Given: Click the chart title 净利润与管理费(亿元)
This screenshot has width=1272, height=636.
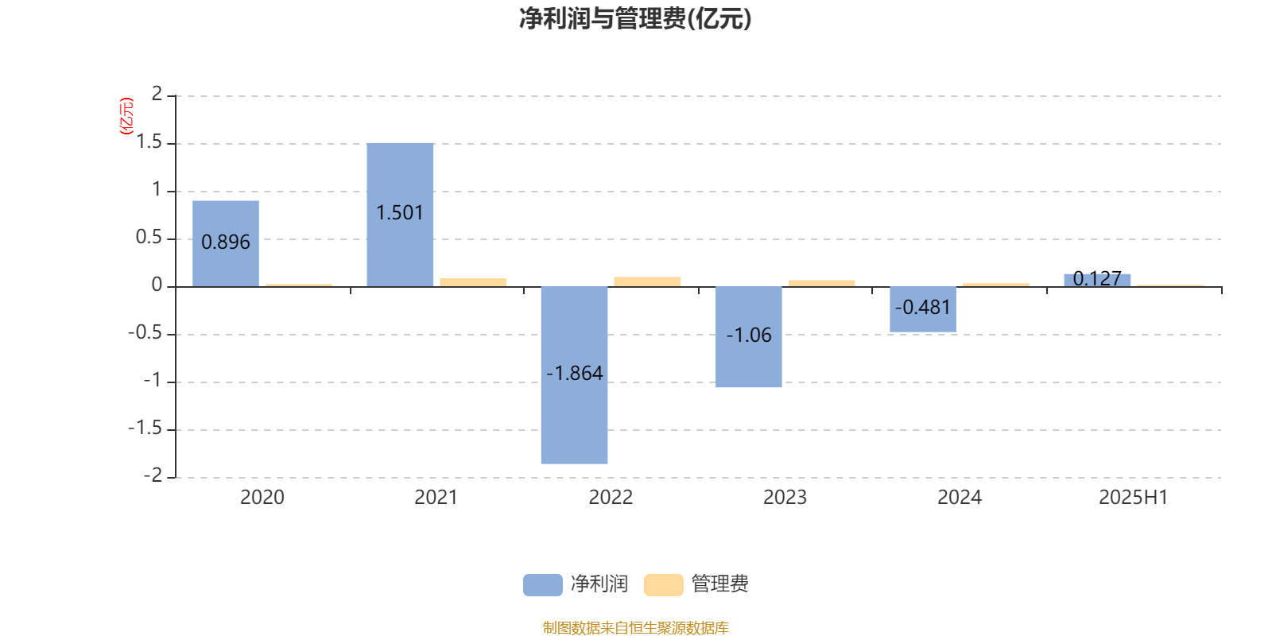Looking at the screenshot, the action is coord(635,18).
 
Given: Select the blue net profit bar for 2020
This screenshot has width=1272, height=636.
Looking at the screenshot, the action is coord(226,243).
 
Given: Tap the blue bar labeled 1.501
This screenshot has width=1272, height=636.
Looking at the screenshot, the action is coord(400,215).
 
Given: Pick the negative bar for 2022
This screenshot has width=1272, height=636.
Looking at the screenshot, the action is coord(574,375).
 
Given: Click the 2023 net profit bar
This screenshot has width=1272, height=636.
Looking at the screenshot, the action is coord(748,337).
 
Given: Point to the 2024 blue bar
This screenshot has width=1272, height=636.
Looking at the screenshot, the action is coord(923,309).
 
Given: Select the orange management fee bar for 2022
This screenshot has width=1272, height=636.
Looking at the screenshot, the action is coord(647,281).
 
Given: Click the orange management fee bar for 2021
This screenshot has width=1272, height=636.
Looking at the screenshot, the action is coord(473,282).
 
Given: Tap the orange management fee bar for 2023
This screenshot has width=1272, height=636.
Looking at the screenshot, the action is coord(822,283).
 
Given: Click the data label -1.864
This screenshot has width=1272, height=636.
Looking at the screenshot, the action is coord(574,373).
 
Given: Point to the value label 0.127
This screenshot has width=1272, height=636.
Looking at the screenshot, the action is coord(1097,278).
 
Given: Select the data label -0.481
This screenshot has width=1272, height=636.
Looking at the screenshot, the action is coord(923,307).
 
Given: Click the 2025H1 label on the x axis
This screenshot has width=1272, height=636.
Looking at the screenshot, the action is coord(1134,498).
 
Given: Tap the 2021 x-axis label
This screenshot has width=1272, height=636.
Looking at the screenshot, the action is coord(436,498).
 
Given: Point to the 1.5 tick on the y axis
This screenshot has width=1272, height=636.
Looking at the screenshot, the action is coord(149,142).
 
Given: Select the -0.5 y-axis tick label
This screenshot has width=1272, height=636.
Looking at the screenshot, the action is coord(145,332).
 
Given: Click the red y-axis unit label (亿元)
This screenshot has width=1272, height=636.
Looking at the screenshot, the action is coord(126,116).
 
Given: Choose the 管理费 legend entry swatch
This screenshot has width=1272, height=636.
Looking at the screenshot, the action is coord(663,585).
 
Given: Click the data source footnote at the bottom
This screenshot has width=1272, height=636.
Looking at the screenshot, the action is coord(635,627).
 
